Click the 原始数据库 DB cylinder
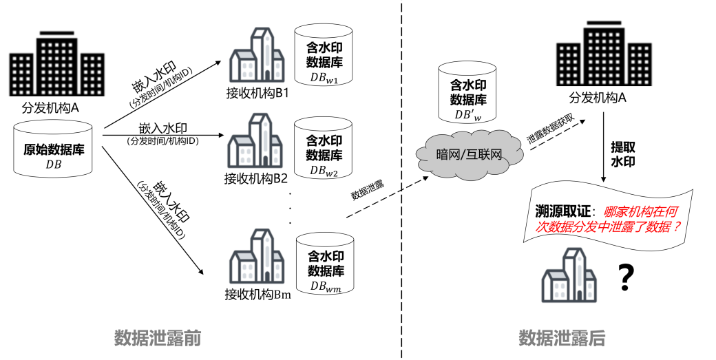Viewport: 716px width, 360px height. (53, 149)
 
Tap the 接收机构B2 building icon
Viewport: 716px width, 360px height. (255, 142)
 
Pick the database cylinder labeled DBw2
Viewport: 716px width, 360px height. (324, 148)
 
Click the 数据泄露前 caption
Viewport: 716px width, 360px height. (157, 338)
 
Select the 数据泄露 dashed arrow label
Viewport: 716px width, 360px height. (368, 191)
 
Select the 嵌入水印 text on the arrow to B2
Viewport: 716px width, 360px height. (162, 128)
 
